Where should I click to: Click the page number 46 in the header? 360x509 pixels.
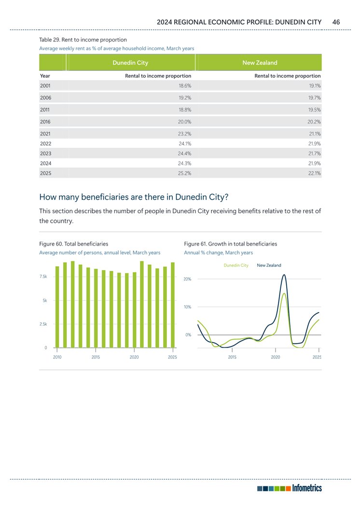(336, 22)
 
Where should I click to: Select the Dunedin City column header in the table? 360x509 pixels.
(130, 63)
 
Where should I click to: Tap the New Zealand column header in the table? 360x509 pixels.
(260, 63)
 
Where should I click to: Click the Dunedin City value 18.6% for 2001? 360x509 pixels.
(185, 86)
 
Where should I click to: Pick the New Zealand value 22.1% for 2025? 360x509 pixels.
(315, 174)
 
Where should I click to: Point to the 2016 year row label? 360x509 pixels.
(46, 122)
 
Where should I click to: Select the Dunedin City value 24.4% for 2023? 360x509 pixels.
(185, 153)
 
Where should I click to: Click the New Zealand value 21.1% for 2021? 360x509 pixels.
(315, 134)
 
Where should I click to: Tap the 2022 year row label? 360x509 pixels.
(46, 143)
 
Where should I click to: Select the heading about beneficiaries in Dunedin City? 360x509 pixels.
(133, 197)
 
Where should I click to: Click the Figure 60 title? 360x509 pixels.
(73, 244)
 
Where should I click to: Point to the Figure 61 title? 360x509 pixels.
(231, 244)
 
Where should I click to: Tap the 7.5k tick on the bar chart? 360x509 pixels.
(43, 276)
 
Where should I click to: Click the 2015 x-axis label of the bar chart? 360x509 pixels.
(96, 357)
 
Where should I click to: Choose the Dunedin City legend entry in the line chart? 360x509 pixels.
(236, 265)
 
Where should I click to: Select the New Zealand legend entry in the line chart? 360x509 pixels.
(269, 265)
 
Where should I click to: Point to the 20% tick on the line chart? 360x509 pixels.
(188, 279)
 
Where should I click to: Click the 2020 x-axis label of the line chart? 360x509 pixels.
(275, 357)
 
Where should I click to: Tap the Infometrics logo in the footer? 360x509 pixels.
(290, 488)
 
